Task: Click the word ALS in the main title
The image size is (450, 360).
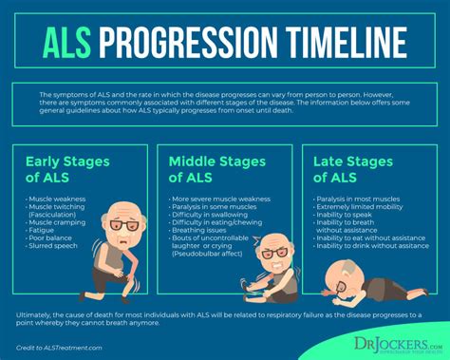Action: [68, 43]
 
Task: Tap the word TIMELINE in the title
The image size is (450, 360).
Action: [336, 43]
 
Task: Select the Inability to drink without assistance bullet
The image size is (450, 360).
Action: [374, 246]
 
